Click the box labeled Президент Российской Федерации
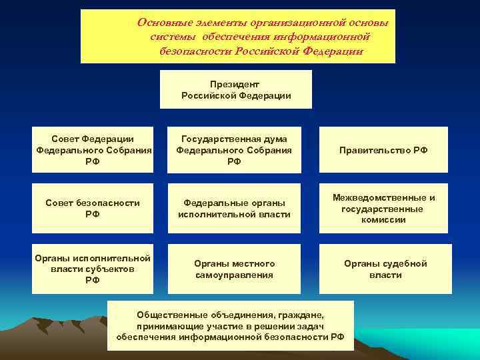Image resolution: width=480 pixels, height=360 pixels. tap(236, 89)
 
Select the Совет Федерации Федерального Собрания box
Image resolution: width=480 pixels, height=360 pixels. tap(93, 150)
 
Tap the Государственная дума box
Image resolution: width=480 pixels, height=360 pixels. tap(234, 150)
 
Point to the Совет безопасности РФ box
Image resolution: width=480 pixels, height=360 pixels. tap(93, 208)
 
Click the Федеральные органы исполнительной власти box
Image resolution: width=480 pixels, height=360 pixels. tap(234, 208)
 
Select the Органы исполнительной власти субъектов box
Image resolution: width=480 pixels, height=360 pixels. tap(93, 269)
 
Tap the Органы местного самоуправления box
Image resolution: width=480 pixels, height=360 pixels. tap(234, 269)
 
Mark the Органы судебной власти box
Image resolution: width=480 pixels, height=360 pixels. tap(385, 269)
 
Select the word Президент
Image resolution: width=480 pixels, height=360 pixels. tap(234, 85)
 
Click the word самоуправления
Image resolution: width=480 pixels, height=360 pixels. tap(234, 275)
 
